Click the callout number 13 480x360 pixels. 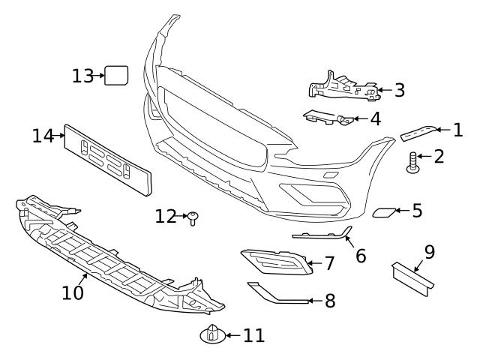pos(82,76)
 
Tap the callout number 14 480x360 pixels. pos(43,136)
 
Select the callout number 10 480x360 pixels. pos(73,292)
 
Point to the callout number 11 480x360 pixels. pos(254,335)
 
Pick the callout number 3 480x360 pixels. pos(399,91)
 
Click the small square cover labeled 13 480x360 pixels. pos(116,75)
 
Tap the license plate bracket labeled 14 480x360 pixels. pos(106,158)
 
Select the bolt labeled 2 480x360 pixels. pos(412,162)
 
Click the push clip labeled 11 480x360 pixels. pos(213,334)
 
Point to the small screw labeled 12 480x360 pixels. pos(193,218)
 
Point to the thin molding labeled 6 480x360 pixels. pos(322,235)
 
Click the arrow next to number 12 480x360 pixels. pos(182,217)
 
